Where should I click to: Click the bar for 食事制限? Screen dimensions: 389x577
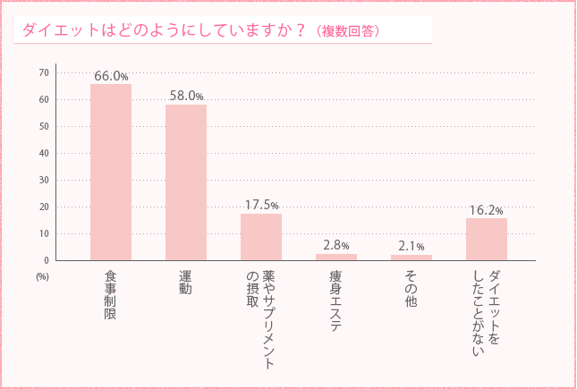(x=111, y=172)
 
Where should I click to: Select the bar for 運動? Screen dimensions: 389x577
(x=186, y=182)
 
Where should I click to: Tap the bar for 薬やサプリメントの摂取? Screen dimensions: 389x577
(x=261, y=237)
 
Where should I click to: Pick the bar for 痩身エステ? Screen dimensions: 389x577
(x=336, y=257)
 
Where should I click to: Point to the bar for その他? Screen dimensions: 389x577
(x=412, y=258)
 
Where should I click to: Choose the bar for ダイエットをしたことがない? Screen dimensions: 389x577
(x=487, y=239)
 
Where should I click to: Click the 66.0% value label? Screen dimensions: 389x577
(x=111, y=76)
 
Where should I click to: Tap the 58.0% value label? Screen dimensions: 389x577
(x=186, y=96)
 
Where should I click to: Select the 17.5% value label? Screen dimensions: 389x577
(x=261, y=205)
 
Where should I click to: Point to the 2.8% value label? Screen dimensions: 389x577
(x=336, y=245)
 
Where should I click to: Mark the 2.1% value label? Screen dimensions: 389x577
(x=412, y=247)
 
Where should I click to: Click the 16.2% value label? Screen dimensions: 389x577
(x=487, y=210)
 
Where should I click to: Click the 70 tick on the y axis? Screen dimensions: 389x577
(x=43, y=72)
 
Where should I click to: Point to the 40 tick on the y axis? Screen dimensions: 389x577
(x=43, y=153)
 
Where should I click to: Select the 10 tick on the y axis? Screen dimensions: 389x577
(x=43, y=233)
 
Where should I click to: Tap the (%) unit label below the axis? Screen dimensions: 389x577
(x=42, y=276)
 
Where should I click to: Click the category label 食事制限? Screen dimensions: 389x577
(x=111, y=294)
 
